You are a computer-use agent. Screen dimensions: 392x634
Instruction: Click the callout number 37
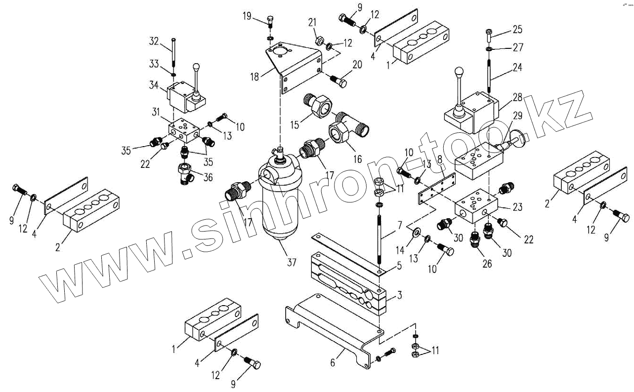(x=292, y=262)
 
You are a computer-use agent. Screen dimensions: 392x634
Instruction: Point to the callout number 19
(x=247, y=16)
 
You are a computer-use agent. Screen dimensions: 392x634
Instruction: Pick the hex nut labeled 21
(x=320, y=39)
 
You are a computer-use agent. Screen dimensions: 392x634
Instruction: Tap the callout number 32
(x=154, y=41)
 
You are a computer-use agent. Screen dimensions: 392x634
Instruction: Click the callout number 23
(x=517, y=207)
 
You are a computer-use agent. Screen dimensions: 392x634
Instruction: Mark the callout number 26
(x=487, y=264)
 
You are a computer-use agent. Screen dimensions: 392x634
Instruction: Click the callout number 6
(x=333, y=363)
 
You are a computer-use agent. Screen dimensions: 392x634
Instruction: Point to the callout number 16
(x=357, y=159)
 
